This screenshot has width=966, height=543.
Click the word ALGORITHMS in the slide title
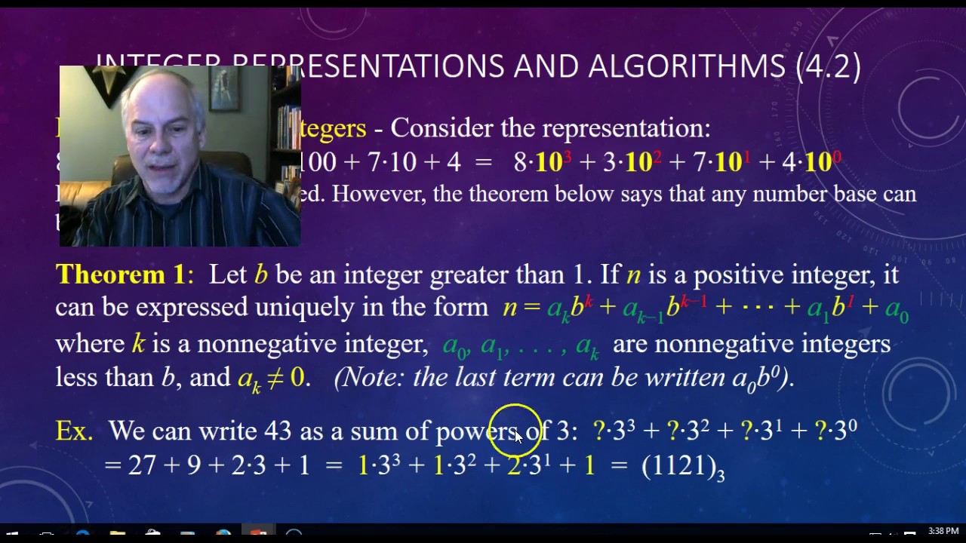pos(687,66)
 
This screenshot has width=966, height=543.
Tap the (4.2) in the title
pos(828,66)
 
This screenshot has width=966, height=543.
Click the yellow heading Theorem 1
pos(120,275)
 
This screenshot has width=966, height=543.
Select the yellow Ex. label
pos(74,431)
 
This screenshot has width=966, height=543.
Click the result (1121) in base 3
pos(679,465)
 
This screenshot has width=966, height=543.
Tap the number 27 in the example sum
pos(142,465)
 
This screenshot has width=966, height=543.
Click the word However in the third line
pos(381,194)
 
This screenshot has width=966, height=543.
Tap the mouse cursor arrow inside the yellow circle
pos(518,436)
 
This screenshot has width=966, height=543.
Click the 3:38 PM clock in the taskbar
pos(943,531)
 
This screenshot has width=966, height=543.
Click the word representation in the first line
pos(626,128)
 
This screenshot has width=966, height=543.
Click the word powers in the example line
pos(476,431)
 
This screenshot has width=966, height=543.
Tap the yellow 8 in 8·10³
pos(520,161)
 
